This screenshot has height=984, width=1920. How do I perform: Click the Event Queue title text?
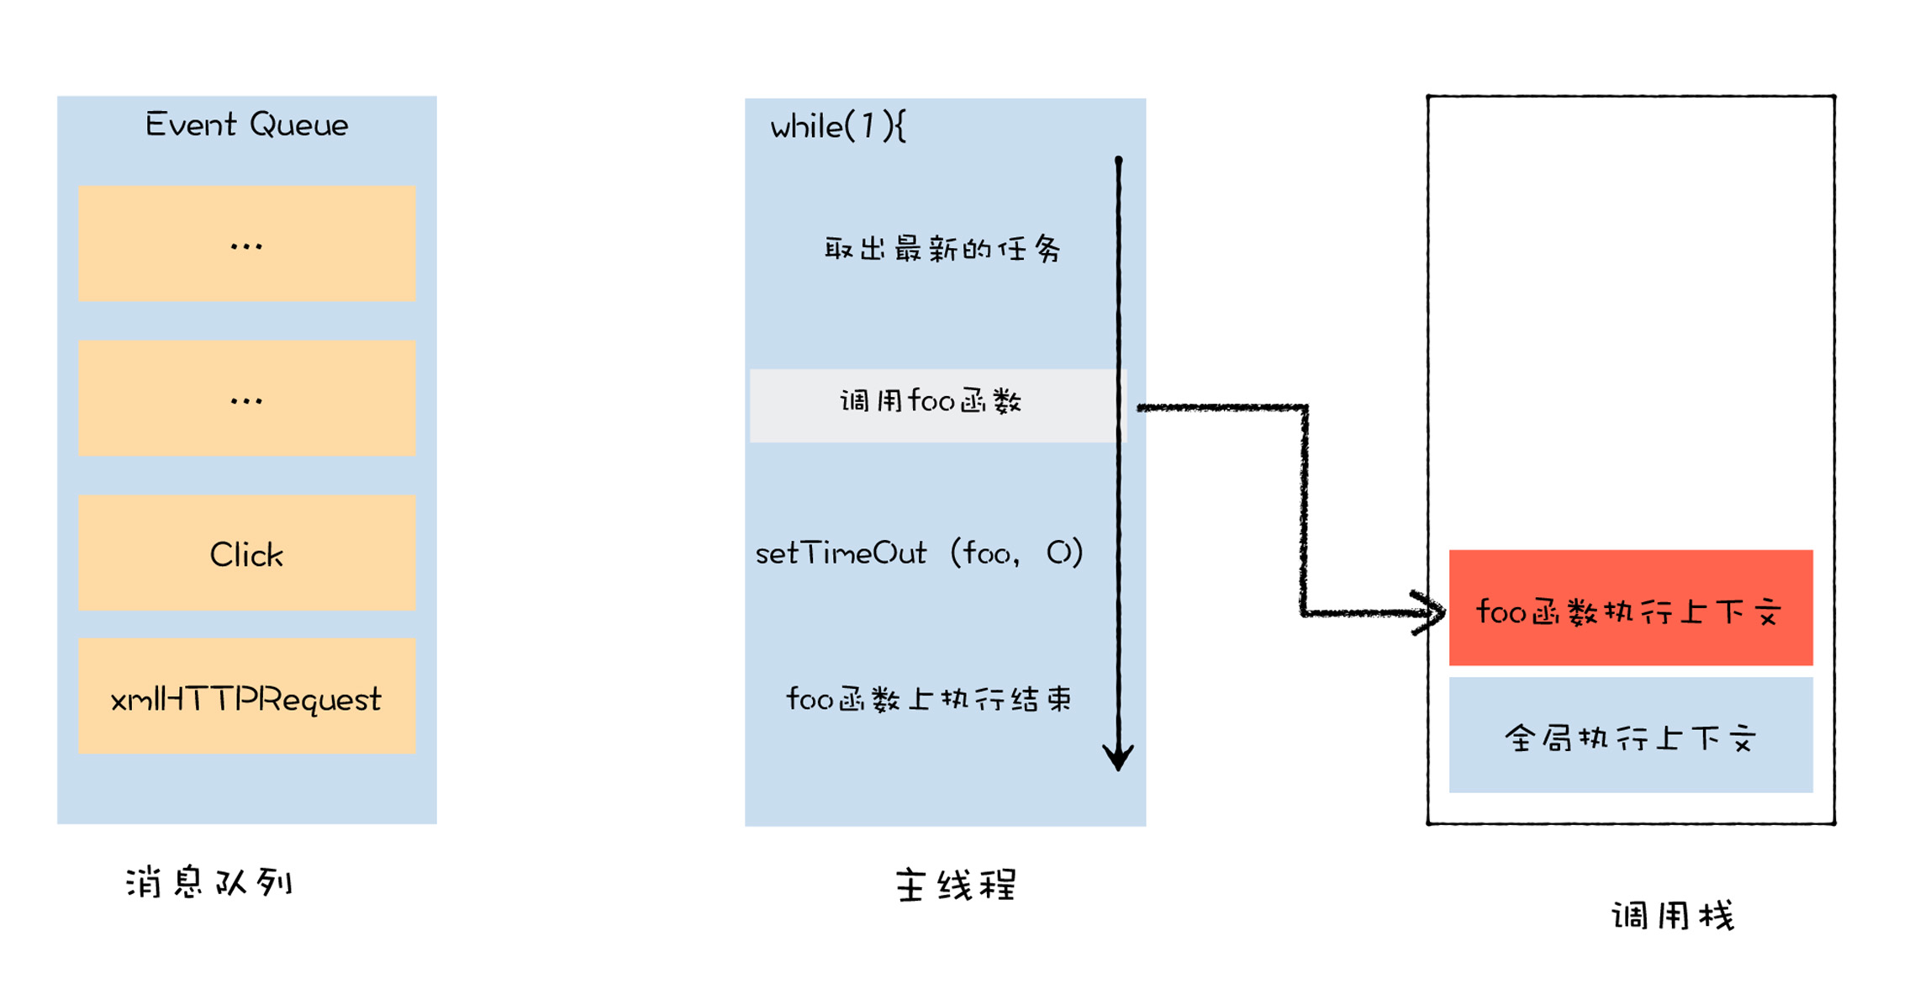[246, 125]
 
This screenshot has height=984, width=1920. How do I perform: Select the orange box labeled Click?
[246, 553]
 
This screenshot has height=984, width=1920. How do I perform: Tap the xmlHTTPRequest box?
[246, 696]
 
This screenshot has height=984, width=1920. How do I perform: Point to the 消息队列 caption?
[209, 882]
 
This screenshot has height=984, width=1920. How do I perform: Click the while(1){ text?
[838, 127]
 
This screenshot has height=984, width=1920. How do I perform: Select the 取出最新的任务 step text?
[942, 249]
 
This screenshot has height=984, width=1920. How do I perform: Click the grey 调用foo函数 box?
[933, 405]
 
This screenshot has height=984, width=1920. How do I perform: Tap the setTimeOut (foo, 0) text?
[919, 553]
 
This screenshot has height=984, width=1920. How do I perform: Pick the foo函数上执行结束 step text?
[928, 699]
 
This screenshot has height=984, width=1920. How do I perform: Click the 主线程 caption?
[956, 886]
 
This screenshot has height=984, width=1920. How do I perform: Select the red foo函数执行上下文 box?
[1630, 608]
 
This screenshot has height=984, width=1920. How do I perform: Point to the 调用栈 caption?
[1673, 916]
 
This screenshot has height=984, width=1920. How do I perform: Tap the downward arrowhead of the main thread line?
[1118, 757]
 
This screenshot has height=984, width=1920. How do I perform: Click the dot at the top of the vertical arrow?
[1119, 160]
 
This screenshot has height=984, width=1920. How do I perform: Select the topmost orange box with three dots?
[246, 244]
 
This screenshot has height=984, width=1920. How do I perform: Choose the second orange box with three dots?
[246, 398]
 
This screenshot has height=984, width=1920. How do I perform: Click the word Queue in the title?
[299, 125]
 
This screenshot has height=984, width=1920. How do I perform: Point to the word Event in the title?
[190, 125]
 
